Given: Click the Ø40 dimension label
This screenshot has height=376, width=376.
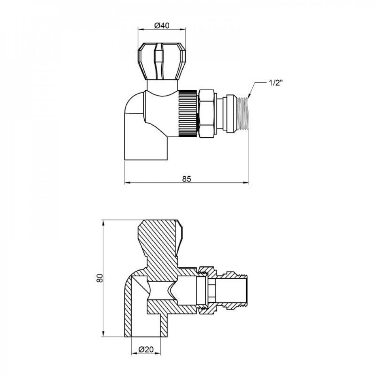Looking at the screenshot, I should (162, 26).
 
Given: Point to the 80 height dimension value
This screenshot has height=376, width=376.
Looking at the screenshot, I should (98, 279).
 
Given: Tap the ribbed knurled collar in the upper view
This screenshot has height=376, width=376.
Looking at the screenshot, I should (187, 113).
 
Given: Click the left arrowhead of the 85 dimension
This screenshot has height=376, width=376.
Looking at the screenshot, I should (126, 183).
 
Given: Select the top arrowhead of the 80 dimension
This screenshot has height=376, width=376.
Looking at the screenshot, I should (103, 222).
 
